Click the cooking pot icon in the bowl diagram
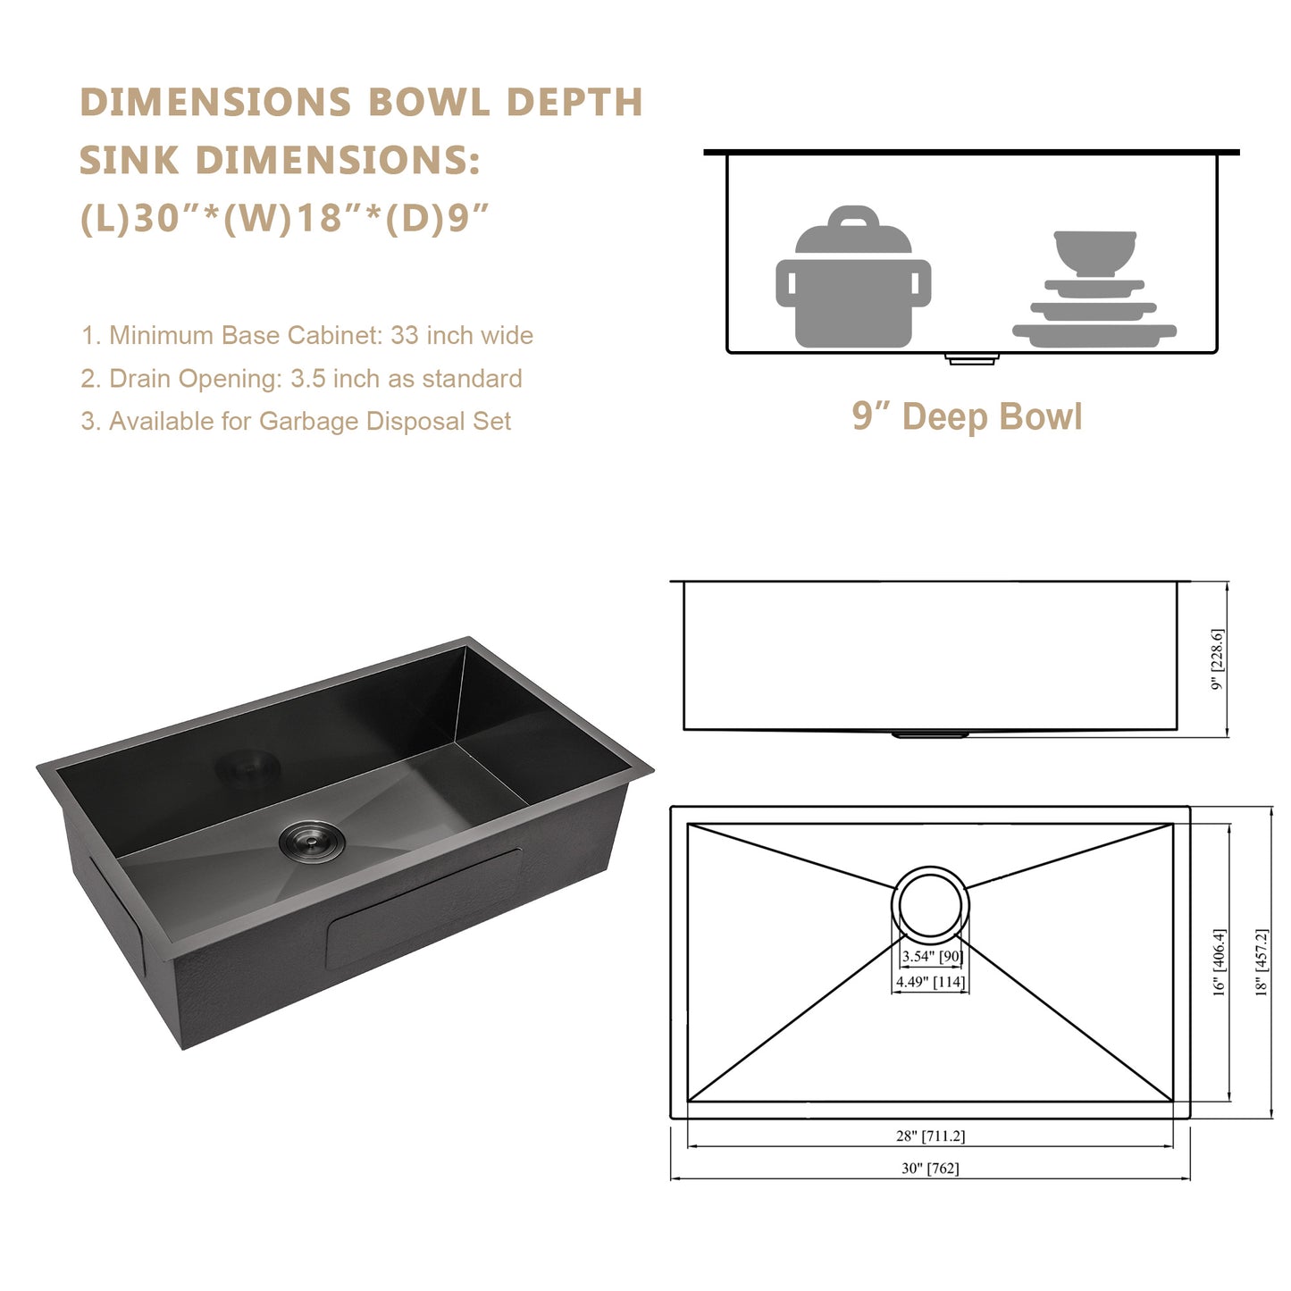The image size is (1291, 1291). pos(853,277)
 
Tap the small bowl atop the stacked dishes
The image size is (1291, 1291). pos(1094,254)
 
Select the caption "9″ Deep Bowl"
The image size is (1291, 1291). pos(967,416)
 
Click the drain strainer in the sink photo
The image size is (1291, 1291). pos(312,840)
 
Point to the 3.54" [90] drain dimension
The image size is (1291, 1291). pos(931,956)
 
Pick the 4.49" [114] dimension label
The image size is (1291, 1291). pos(931,982)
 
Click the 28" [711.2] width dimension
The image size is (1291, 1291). pos(931,1136)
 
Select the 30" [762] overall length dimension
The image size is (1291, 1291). pos(930,1168)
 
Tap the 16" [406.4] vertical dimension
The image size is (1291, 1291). pos(1220,961)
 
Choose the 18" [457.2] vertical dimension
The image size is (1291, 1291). pos(1262,961)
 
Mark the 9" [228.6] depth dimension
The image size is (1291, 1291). pos(1218,659)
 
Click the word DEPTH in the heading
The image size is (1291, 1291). pos(574,102)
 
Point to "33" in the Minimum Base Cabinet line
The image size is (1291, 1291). pos(405,335)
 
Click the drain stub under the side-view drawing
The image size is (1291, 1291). pos(930,735)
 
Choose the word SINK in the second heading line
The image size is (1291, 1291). pos(130,160)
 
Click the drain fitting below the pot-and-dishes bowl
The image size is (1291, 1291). pos(972,358)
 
